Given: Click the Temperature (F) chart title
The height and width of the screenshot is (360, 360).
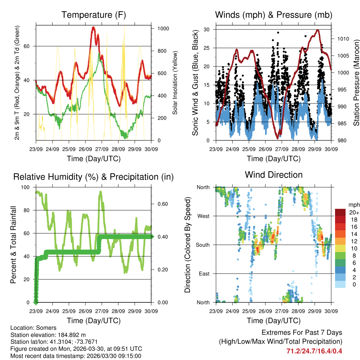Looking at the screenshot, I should coord(94,15).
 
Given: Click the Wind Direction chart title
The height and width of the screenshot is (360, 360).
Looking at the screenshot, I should coord(274,175).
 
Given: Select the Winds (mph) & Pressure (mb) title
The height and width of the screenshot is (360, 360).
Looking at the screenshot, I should coord(274,15).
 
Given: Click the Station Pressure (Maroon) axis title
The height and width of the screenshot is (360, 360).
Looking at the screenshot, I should coord(356,83).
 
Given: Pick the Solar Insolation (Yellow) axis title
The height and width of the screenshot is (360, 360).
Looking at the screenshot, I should coord(175,83).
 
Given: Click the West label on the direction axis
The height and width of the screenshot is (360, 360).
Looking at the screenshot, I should coord(203,216).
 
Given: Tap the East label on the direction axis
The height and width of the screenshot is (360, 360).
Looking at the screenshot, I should coord(204,274).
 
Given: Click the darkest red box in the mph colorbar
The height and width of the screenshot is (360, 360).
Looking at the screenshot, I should coord(340,212).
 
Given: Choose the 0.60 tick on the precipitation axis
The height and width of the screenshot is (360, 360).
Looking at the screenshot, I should coord(160,204).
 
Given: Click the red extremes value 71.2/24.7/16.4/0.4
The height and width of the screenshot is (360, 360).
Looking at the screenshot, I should coord(314,351).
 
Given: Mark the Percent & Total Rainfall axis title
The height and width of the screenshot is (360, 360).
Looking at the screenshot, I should coord(13,245).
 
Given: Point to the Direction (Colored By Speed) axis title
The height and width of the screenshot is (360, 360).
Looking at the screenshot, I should coord(188,245).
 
